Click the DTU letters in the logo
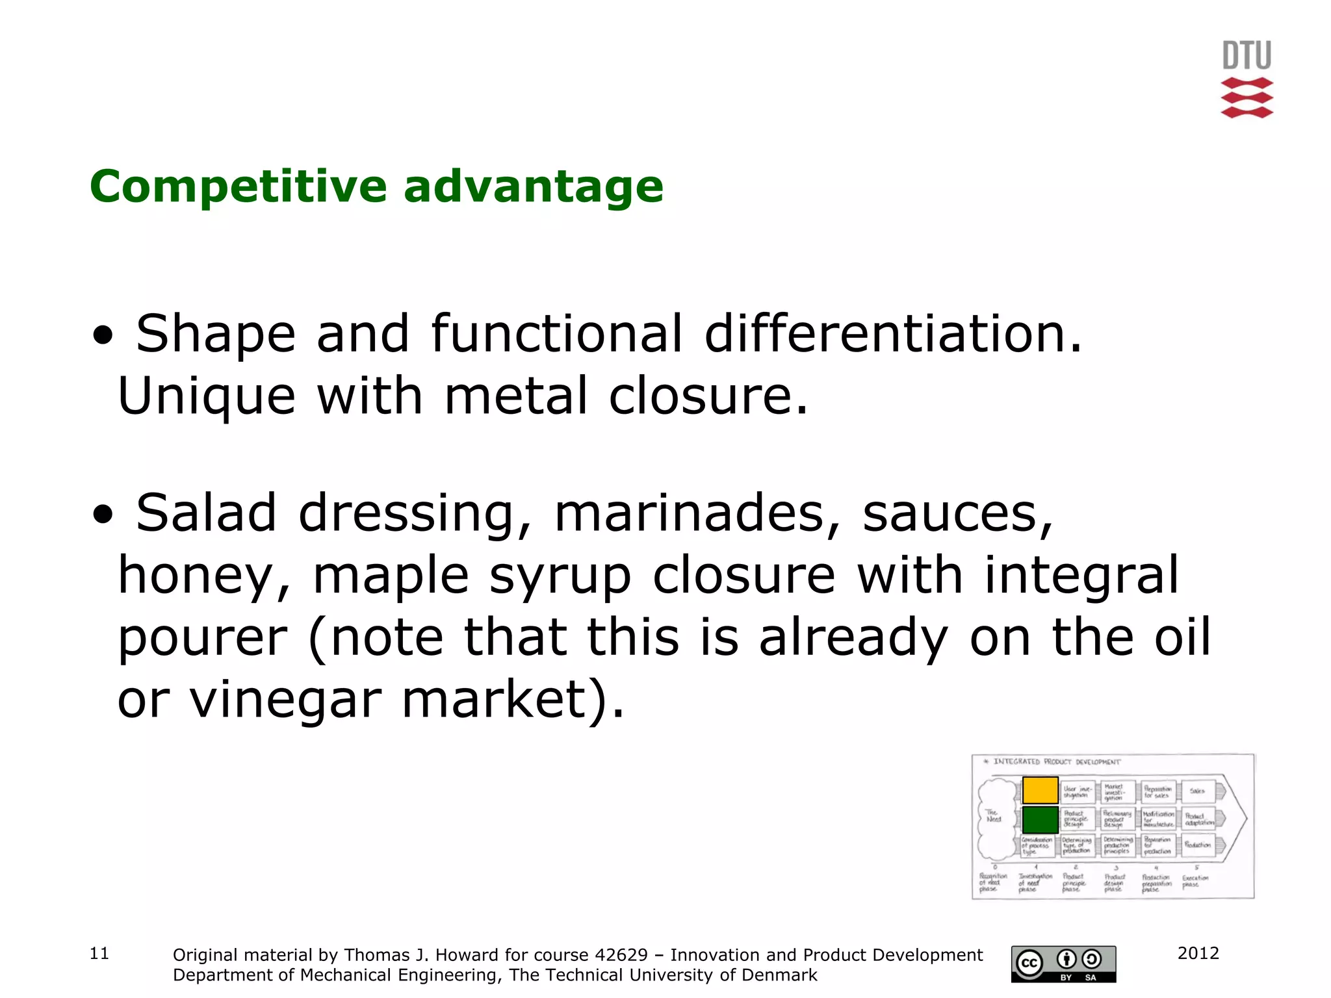[1247, 56]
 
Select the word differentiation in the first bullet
[894, 334]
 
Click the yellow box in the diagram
[1040, 791]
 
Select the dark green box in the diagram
[1040, 819]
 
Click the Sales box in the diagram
[1198, 791]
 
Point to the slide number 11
[99, 953]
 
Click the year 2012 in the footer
[1198, 953]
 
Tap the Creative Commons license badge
[1063, 964]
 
